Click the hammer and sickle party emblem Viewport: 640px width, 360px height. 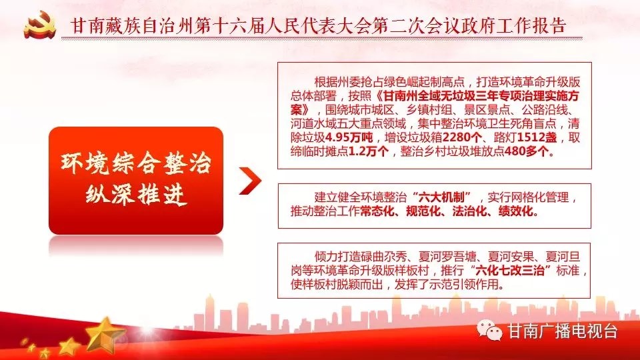point(39,25)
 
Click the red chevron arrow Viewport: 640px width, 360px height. point(250,181)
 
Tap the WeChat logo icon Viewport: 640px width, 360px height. point(489,330)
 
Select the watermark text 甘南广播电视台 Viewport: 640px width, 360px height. point(562,331)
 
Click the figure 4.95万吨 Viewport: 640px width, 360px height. point(349,137)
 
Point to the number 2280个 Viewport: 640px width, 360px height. point(462,137)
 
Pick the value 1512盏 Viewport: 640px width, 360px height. point(537,137)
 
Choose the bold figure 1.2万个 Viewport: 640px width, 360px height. point(369,151)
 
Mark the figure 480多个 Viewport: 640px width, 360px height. point(527,151)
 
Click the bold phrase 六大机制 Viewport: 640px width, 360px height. point(441,197)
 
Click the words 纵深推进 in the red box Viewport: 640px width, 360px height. point(136,194)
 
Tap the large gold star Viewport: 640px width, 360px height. point(105,335)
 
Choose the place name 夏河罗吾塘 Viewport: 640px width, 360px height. point(447,257)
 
